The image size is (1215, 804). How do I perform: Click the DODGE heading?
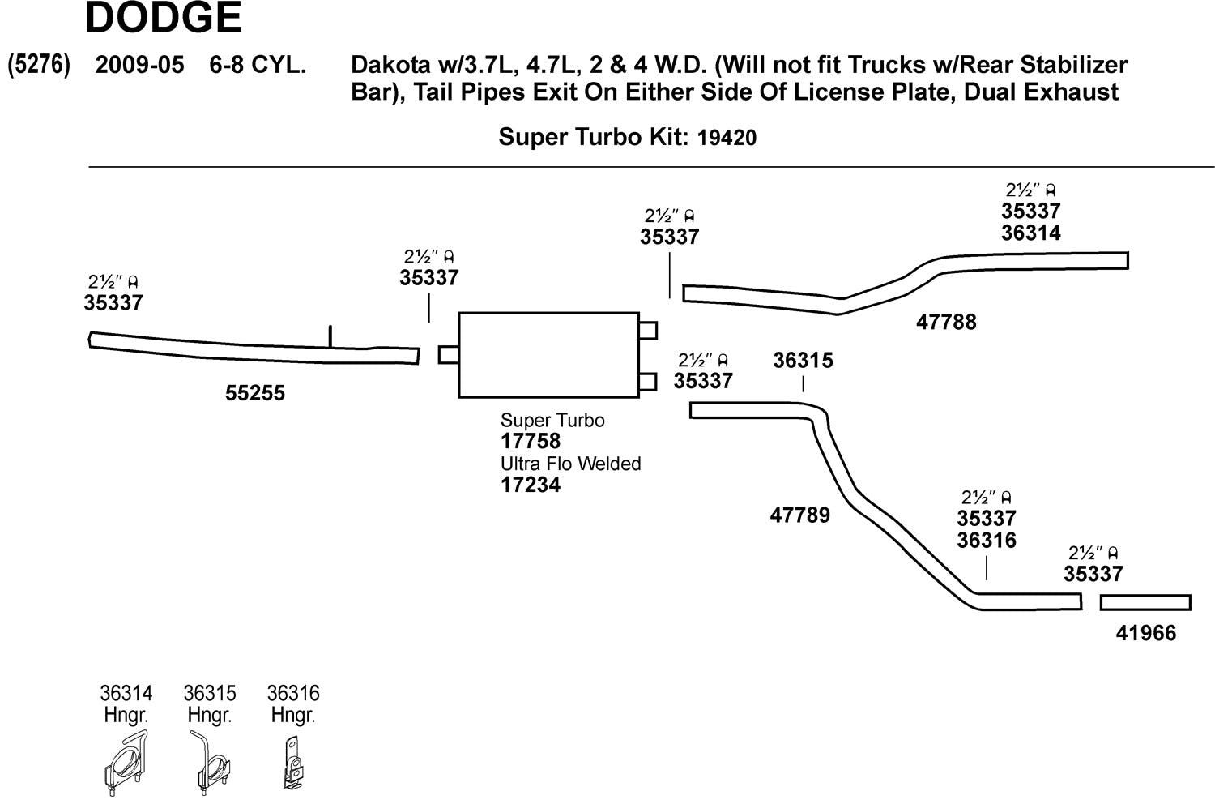coord(163,18)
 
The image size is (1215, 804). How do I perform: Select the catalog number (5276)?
coord(38,65)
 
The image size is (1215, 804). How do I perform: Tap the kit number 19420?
coord(726,138)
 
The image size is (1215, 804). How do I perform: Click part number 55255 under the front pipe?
coord(254,393)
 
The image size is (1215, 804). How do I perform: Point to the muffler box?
coord(548,355)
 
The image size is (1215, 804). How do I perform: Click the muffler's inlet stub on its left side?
coord(449,355)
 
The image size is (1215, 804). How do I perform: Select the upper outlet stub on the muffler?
coord(648,330)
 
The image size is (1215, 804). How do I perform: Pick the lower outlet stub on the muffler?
coord(648,382)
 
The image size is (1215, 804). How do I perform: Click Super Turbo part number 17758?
coord(530,442)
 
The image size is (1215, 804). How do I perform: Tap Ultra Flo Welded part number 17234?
coord(530,485)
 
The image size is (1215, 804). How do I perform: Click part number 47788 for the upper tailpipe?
coord(945,323)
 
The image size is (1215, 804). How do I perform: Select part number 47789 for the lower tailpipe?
coord(799,515)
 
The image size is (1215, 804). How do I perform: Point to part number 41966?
coord(1145,633)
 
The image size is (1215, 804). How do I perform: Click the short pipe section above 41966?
coord(1145,602)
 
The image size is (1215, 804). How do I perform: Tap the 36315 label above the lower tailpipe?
coord(802,361)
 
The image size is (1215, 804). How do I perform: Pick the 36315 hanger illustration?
coord(210,763)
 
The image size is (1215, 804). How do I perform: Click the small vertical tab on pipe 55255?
coord(330,336)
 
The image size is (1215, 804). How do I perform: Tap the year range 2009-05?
coord(139,65)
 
